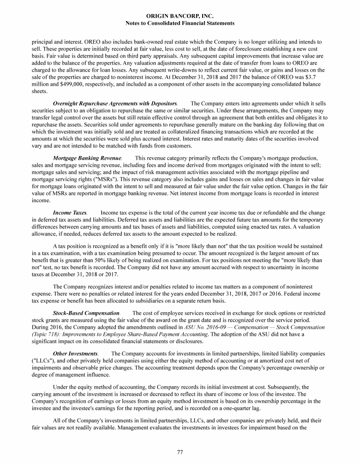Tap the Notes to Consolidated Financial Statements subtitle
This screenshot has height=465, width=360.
pos(180,23)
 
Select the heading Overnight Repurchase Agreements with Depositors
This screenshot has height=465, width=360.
pos(115,103)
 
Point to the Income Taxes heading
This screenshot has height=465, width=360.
pos(70,213)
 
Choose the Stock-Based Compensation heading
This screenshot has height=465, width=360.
pos(86,312)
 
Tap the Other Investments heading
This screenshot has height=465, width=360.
pos(75,353)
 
